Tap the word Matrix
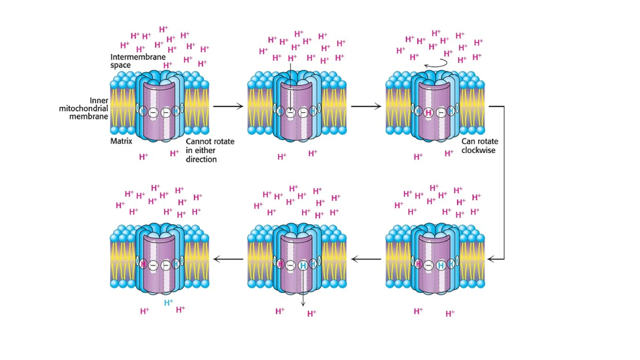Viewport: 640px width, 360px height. [121, 141]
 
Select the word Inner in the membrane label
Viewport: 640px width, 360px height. [99, 101]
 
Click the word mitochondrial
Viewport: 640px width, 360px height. [83, 108]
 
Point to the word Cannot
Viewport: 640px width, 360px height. [197, 142]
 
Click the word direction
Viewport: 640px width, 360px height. [201, 159]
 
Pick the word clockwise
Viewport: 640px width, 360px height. [478, 150]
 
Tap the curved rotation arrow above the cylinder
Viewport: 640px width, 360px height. [436, 64]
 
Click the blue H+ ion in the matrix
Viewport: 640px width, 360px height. [168, 302]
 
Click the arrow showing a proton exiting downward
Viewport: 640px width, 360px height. [303, 287]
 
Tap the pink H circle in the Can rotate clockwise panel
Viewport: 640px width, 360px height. [428, 112]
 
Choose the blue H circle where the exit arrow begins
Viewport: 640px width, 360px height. [303, 266]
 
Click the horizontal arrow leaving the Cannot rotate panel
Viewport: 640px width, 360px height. [228, 106]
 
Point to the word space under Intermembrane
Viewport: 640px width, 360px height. [121, 65]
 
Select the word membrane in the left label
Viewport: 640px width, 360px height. [88, 117]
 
